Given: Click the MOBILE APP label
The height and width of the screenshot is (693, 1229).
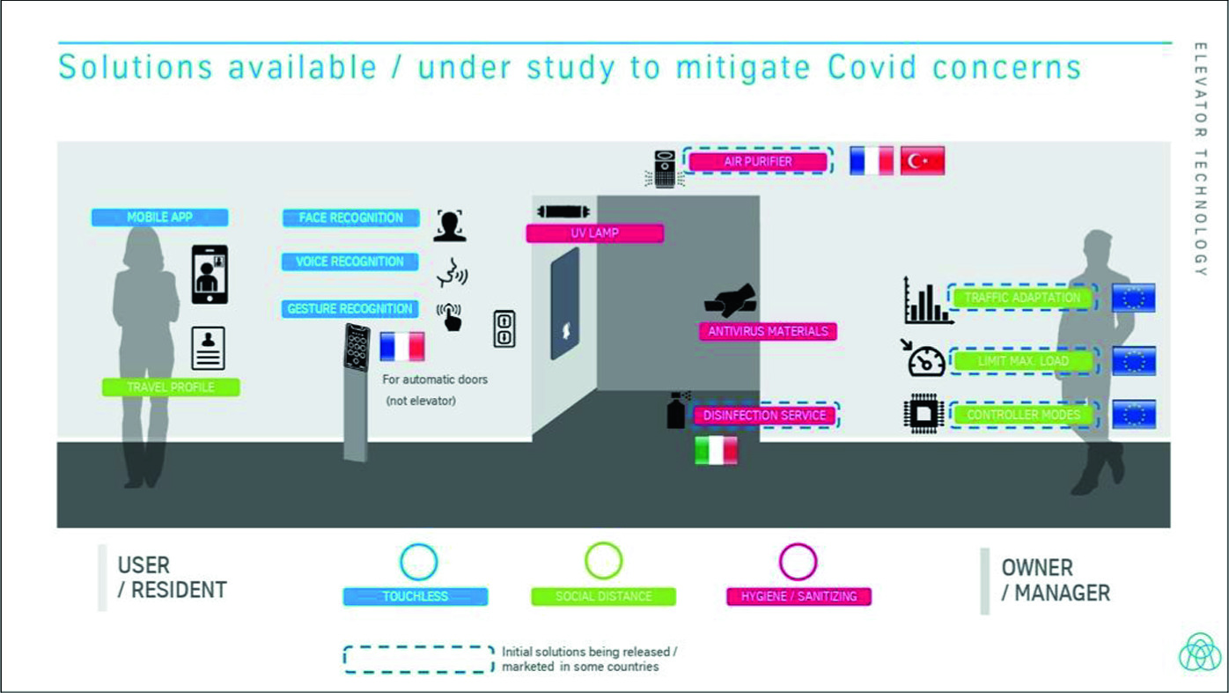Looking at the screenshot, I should (x=159, y=217).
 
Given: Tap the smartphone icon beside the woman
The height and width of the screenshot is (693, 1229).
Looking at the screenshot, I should (x=210, y=275).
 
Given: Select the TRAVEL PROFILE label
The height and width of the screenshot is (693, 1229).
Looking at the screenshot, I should (x=171, y=387).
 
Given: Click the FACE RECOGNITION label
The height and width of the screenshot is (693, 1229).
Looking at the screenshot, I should (x=350, y=217).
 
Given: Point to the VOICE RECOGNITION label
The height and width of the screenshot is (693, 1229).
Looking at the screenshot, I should (x=350, y=262).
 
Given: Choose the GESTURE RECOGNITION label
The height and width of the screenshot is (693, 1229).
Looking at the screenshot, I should (x=350, y=309).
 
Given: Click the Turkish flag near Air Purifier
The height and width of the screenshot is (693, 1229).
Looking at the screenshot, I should (x=923, y=161).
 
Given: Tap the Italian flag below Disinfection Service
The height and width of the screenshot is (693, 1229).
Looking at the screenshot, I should (x=717, y=450).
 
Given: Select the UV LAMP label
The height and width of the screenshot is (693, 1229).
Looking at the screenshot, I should (x=594, y=233).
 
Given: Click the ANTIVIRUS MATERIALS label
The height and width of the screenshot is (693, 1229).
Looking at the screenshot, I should (x=768, y=331).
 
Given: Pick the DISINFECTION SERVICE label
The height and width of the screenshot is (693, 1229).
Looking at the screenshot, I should (x=763, y=415).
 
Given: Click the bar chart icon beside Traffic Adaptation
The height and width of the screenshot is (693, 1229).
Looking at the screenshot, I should (x=926, y=300).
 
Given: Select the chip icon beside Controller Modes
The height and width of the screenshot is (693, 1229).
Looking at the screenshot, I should (x=924, y=415).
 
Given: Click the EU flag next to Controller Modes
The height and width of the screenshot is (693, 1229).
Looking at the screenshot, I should (x=1134, y=414).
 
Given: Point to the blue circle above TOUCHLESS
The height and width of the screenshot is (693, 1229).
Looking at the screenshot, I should (x=418, y=562).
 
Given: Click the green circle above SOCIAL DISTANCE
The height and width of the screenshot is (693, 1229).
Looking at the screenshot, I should (x=603, y=561).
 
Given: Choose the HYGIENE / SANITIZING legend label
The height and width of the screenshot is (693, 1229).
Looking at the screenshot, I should (x=798, y=596).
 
